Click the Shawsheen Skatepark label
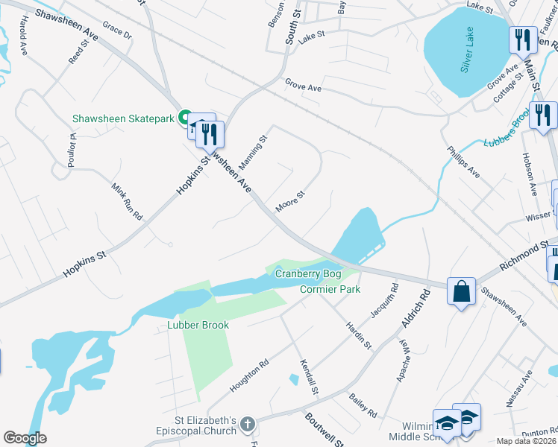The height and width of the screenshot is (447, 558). click(x=122, y=118)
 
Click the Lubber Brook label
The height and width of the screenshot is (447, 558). click(x=198, y=326)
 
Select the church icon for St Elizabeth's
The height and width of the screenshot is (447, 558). click(x=248, y=425)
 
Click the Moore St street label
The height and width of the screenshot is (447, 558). click(x=291, y=201)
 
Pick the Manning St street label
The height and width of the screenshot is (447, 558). click(x=253, y=151)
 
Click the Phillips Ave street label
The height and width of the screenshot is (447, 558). click(x=463, y=162)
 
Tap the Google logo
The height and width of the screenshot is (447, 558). click(x=25, y=438)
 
